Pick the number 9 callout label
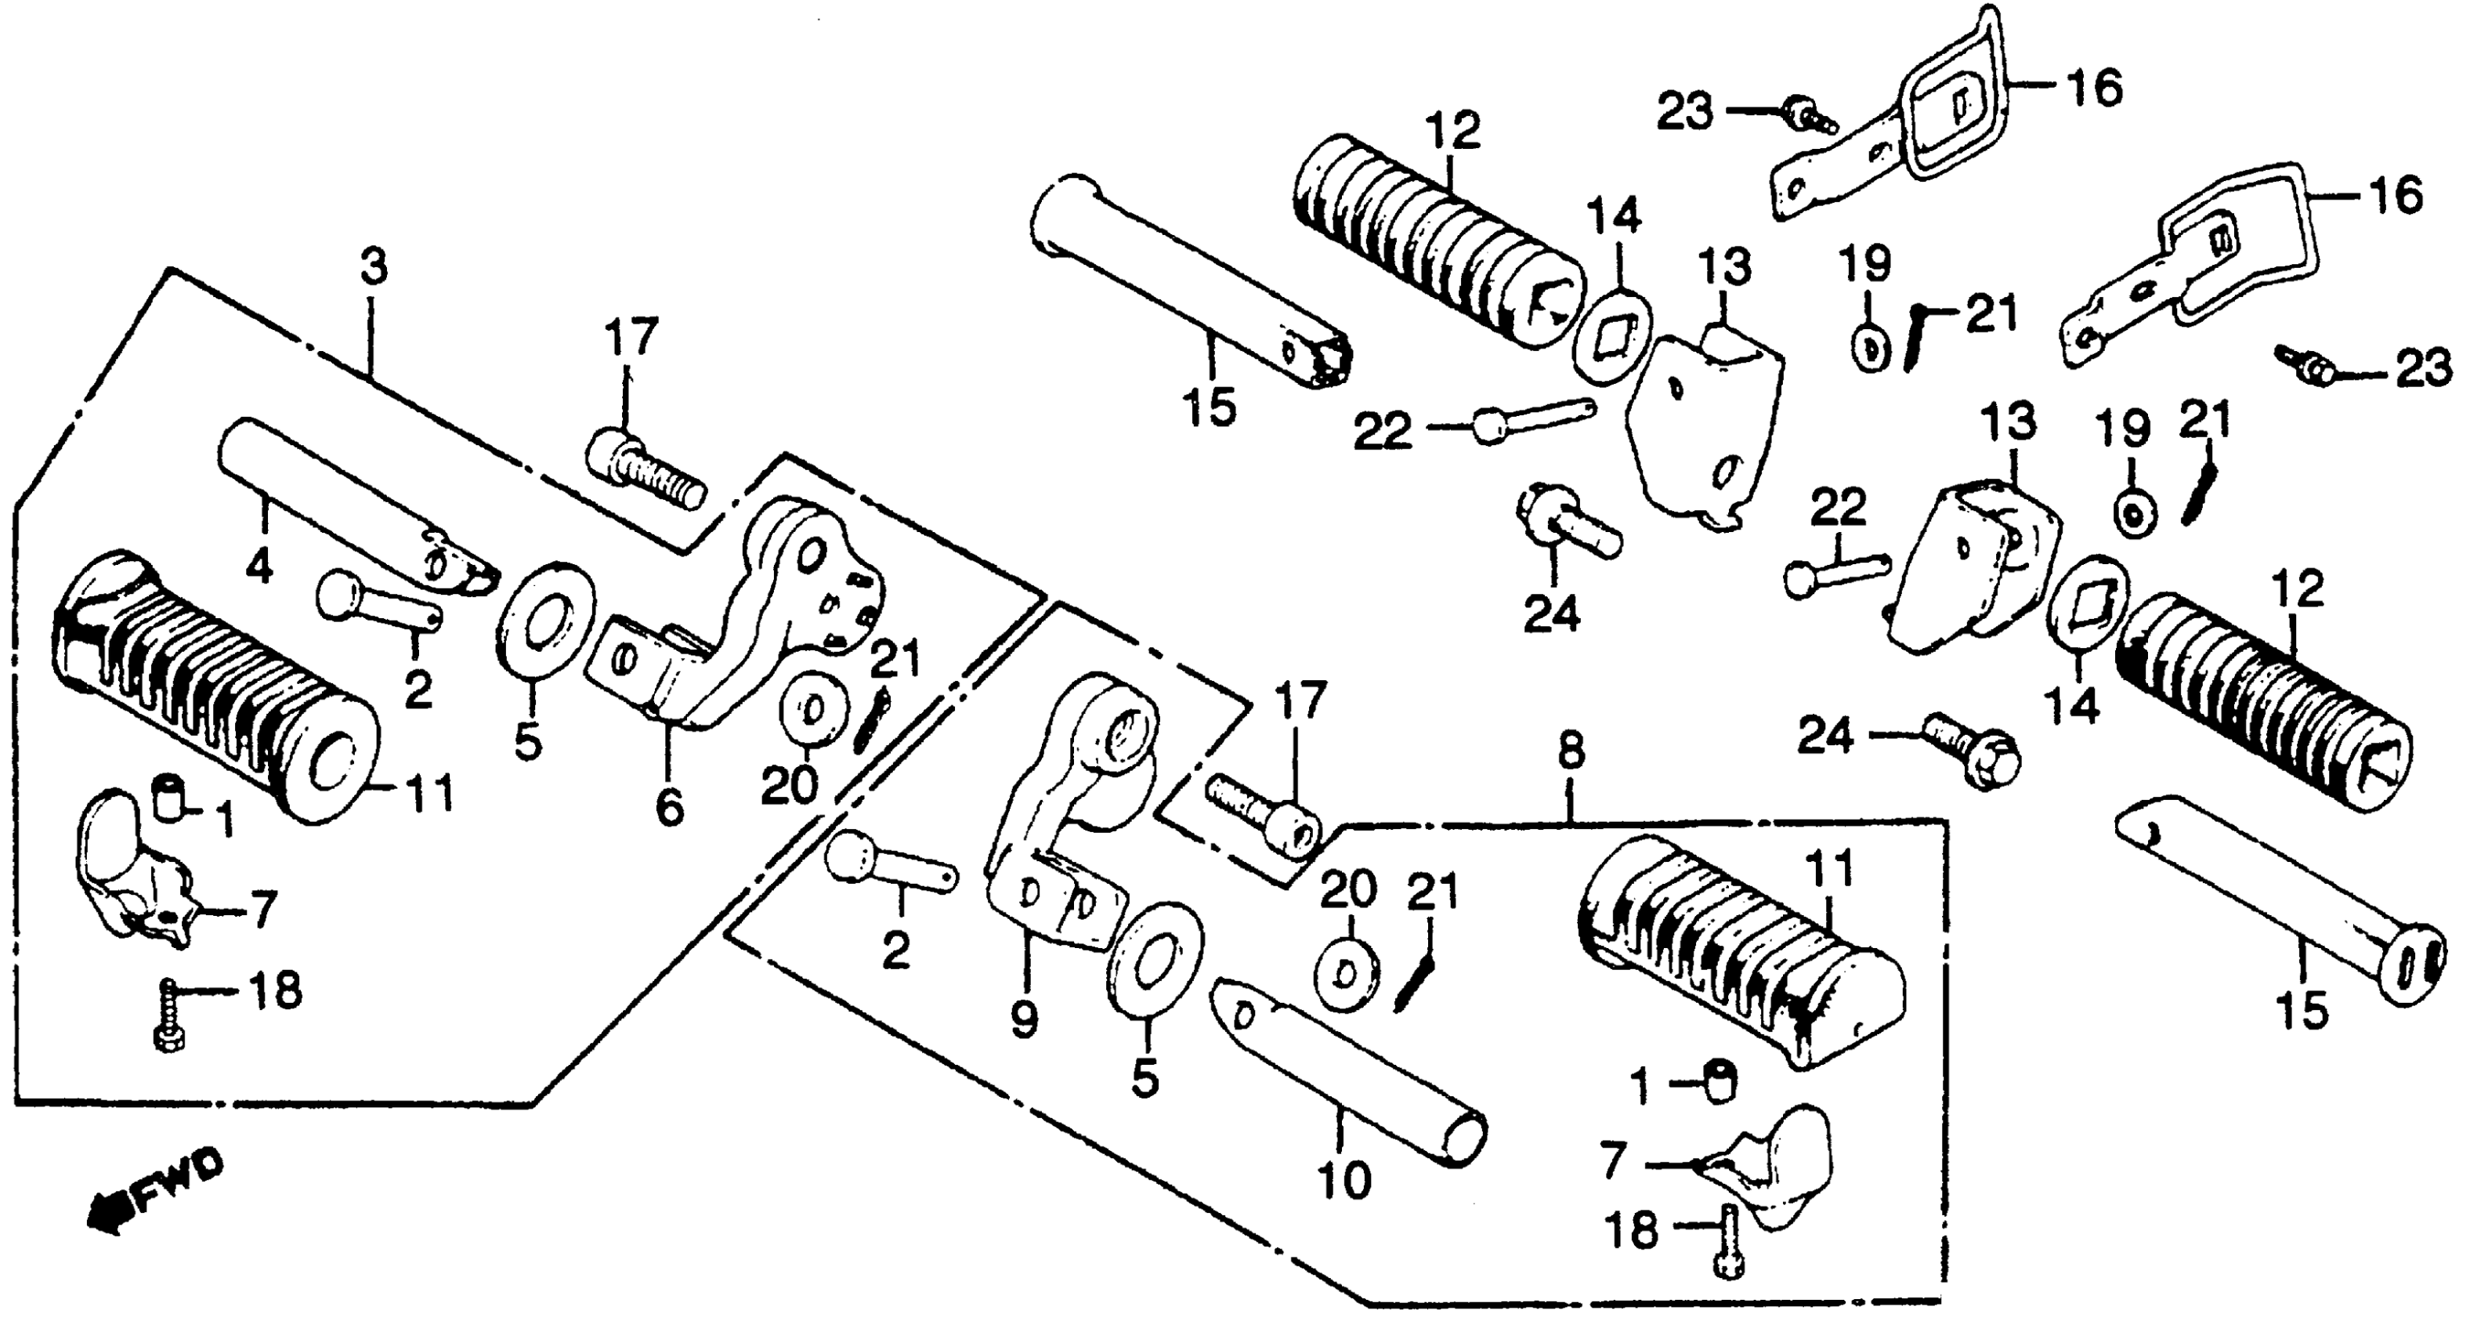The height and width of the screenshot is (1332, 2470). point(1024,1019)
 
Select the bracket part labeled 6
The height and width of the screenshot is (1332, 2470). point(758,614)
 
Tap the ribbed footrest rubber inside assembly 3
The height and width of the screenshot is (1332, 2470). point(211,681)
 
